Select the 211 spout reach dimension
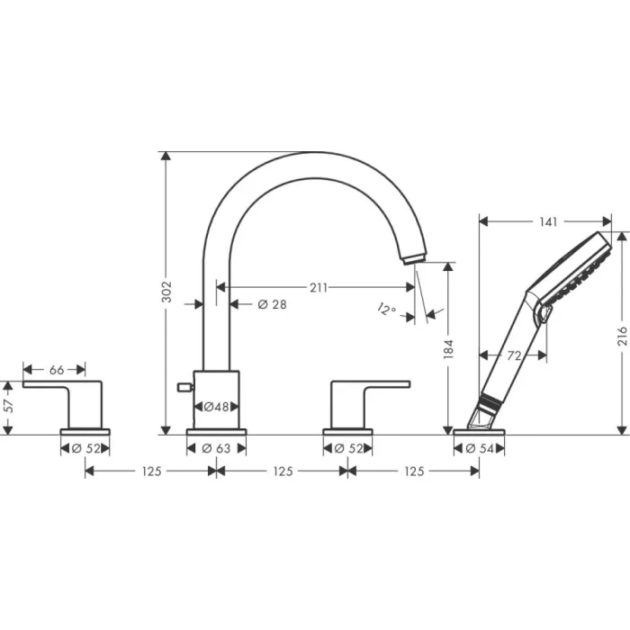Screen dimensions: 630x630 pos(318,288)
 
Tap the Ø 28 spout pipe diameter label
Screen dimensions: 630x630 pos(272,304)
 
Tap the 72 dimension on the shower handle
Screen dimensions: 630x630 pos(514,355)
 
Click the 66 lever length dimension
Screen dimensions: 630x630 pos(55,369)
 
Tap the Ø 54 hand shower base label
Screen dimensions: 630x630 pos(479,448)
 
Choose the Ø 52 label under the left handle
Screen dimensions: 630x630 pos(85,448)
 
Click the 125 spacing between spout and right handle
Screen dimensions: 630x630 pos(282,471)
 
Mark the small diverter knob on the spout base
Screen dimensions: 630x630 pos(184,387)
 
